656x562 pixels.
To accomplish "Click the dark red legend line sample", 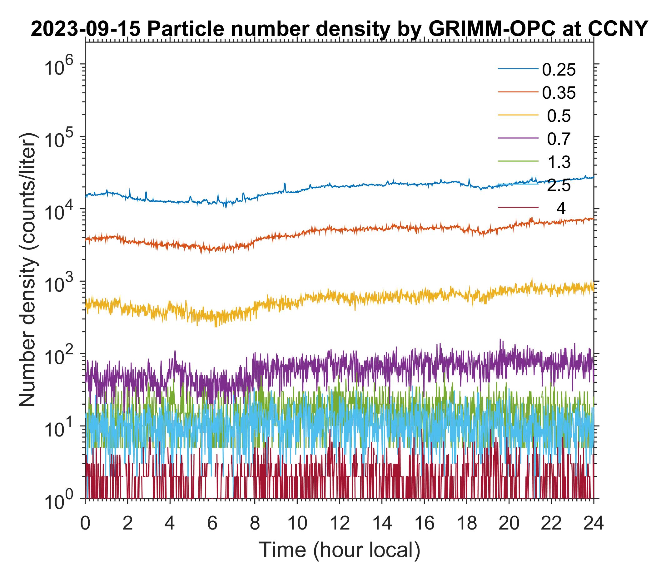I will (518, 208).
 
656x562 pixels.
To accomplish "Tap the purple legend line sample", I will (518, 138).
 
